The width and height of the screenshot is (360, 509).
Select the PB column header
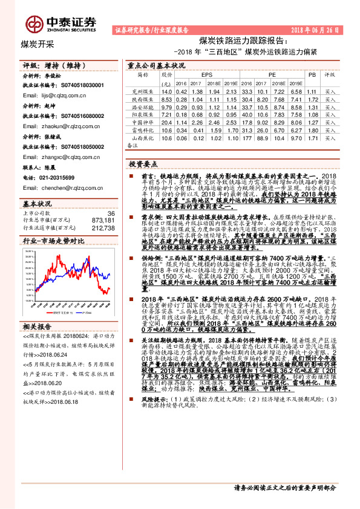[x=312, y=74]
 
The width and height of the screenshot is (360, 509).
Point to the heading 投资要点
[x=143, y=164]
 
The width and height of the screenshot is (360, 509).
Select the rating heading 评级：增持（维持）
[x=49, y=65]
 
